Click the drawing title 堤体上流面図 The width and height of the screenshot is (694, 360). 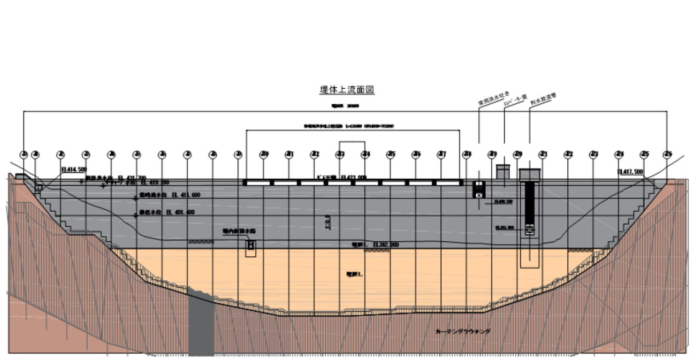coord(347,89)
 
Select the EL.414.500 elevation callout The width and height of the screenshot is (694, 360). coord(74,170)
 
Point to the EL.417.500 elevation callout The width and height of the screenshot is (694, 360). coord(630,172)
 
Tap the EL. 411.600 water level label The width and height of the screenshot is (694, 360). coord(169,195)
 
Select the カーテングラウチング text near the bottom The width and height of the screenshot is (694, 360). coord(463,331)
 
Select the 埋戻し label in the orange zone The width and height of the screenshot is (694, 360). coord(354,274)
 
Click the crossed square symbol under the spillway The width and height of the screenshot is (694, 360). coord(479,195)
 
